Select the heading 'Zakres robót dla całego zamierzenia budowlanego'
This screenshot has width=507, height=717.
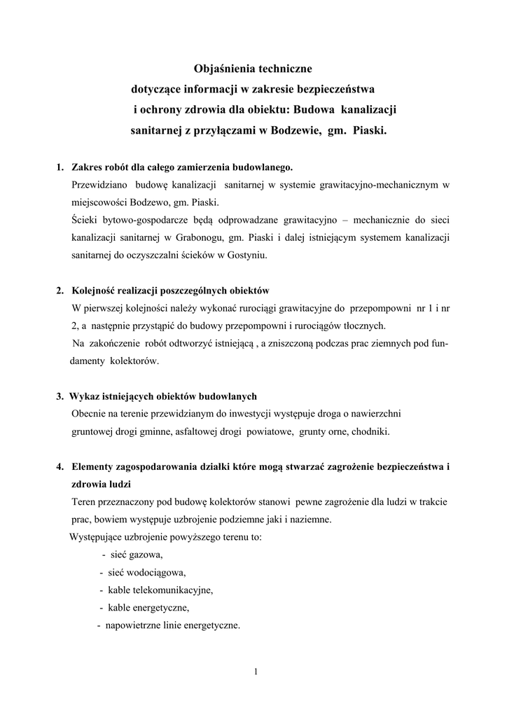tap(182, 167)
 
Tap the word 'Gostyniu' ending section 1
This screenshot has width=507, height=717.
tap(248, 256)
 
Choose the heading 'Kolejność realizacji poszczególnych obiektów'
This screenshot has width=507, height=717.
tap(170, 290)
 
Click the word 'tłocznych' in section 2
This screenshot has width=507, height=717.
tap(363, 326)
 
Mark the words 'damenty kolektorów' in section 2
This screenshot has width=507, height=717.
tap(114, 361)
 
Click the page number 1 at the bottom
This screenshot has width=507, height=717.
tap(256, 673)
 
